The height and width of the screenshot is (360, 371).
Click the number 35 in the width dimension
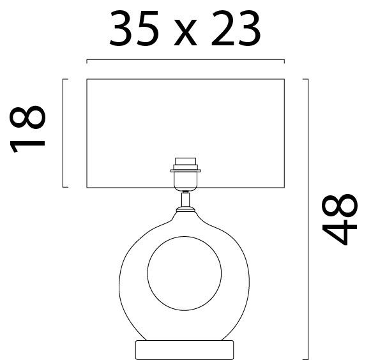pyautogui.click(x=133, y=29)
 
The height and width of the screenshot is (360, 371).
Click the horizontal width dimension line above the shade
pyautogui.click(x=185, y=60)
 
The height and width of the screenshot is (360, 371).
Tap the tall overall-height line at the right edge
pyautogui.click(x=308, y=217)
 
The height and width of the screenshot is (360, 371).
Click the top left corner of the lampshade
pyautogui.click(x=86, y=79)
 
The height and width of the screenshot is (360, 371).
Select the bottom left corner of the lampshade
pyautogui.click(x=86, y=187)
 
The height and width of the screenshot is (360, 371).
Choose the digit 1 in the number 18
pyautogui.click(x=29, y=142)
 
